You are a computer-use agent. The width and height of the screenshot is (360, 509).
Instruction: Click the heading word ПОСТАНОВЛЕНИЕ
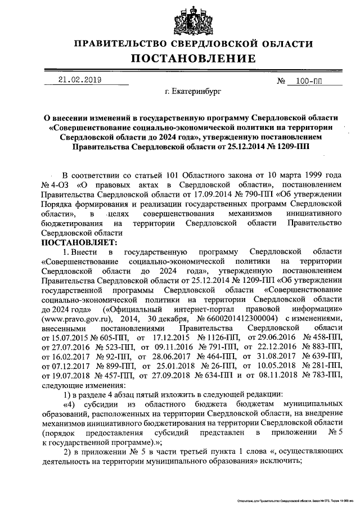pos(194,58)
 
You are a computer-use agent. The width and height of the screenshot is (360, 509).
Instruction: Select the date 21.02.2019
pos(80,80)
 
